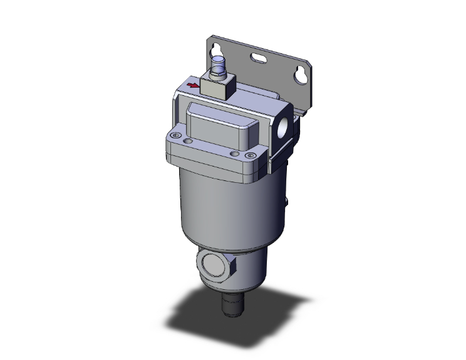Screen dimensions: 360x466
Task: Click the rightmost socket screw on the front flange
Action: click(x=249, y=156)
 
